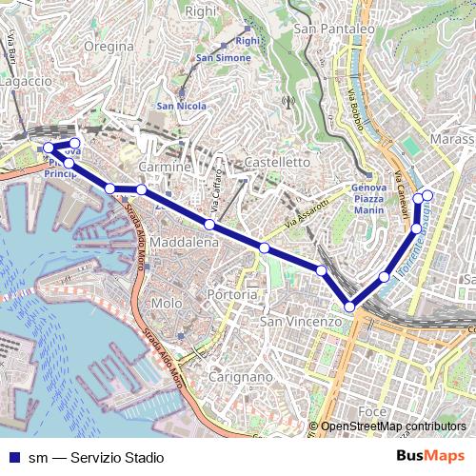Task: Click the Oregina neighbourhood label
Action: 108,46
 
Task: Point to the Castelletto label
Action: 278,163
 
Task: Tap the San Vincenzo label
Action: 300,323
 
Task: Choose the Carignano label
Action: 226,376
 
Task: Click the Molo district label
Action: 167,303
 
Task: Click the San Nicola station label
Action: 177,106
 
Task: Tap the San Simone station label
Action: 223,58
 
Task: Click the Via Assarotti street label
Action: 305,214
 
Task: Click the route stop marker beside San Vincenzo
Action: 350,307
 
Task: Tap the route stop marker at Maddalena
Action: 208,225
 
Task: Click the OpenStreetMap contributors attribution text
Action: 392,426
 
